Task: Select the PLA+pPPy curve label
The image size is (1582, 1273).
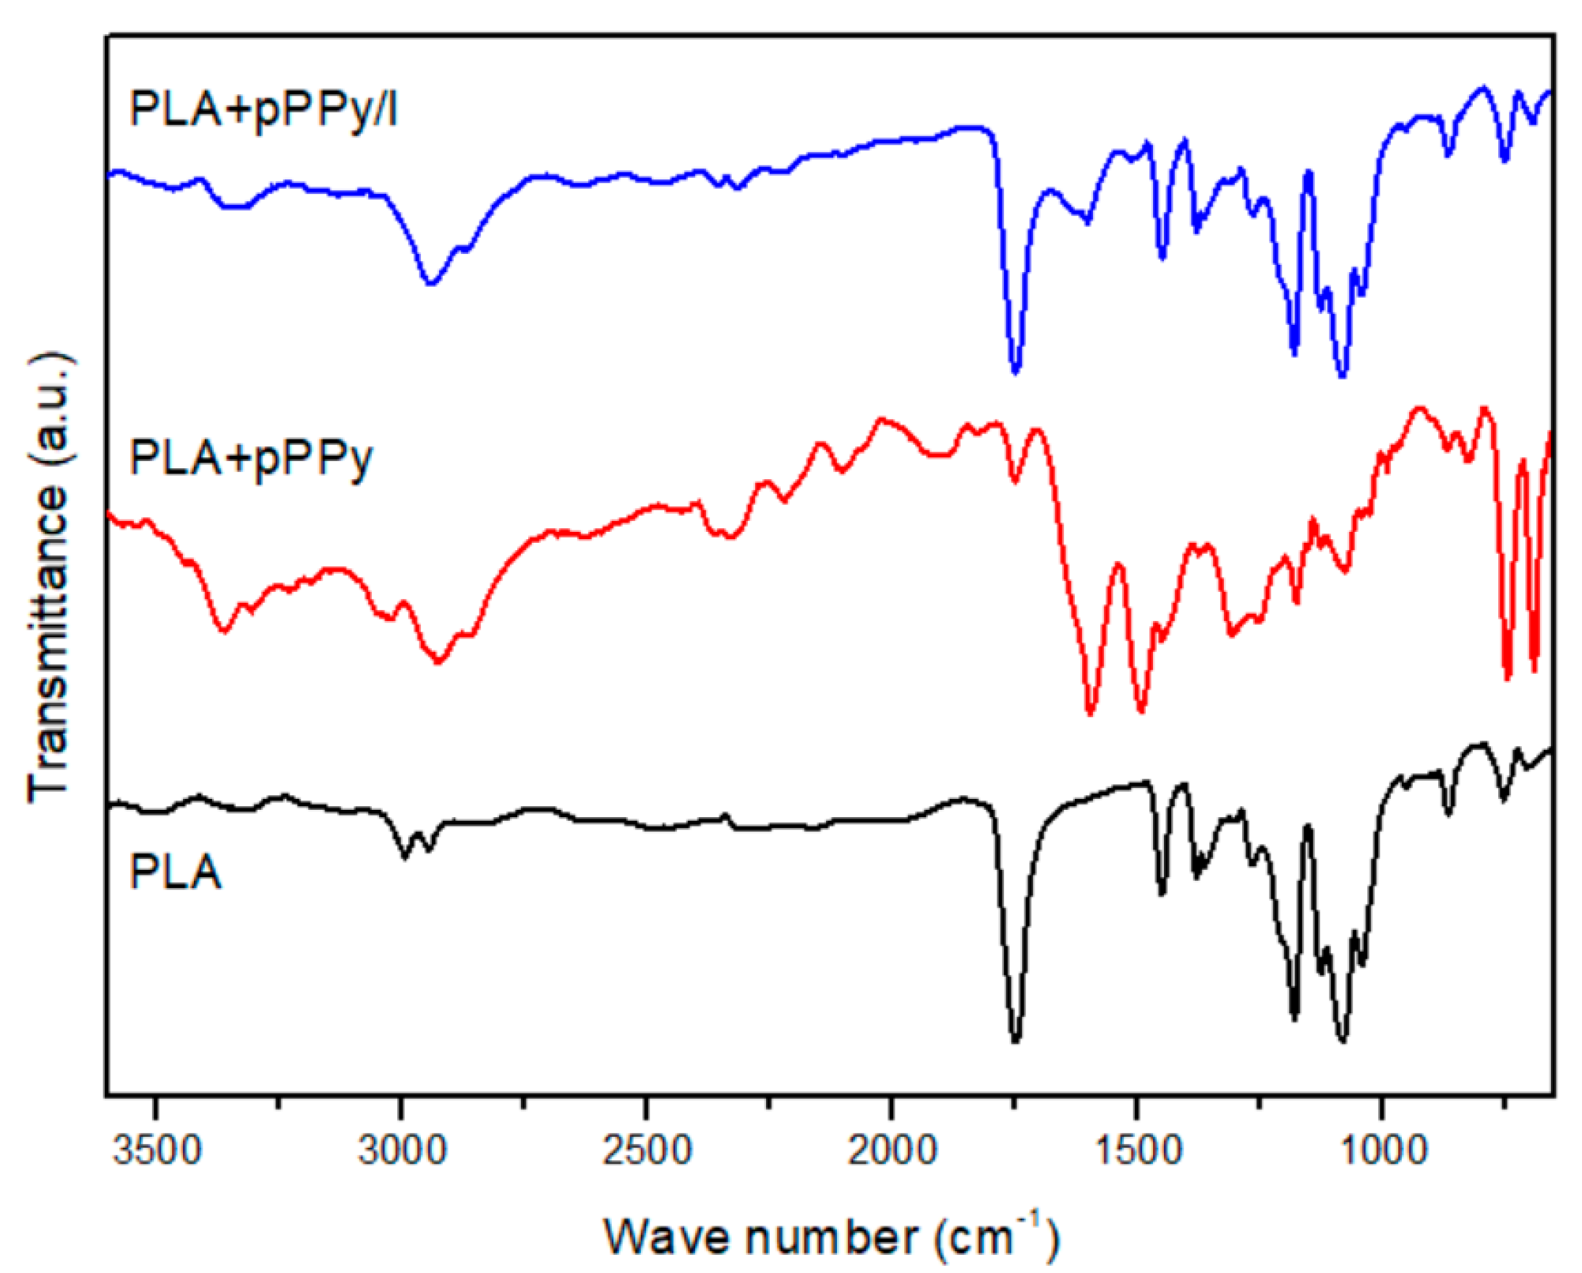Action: [251, 460]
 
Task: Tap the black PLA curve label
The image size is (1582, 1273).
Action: [174, 873]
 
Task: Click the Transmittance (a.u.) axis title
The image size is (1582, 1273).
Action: [50, 576]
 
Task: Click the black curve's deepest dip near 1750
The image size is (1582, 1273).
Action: [1016, 1039]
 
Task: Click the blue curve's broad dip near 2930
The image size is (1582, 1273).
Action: [431, 283]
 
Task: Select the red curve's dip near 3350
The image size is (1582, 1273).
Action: [224, 630]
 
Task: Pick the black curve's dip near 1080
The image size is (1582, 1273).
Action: [1343, 1039]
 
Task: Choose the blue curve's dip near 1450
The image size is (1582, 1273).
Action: [1162, 257]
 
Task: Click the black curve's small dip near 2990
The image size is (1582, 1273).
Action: [404, 856]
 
